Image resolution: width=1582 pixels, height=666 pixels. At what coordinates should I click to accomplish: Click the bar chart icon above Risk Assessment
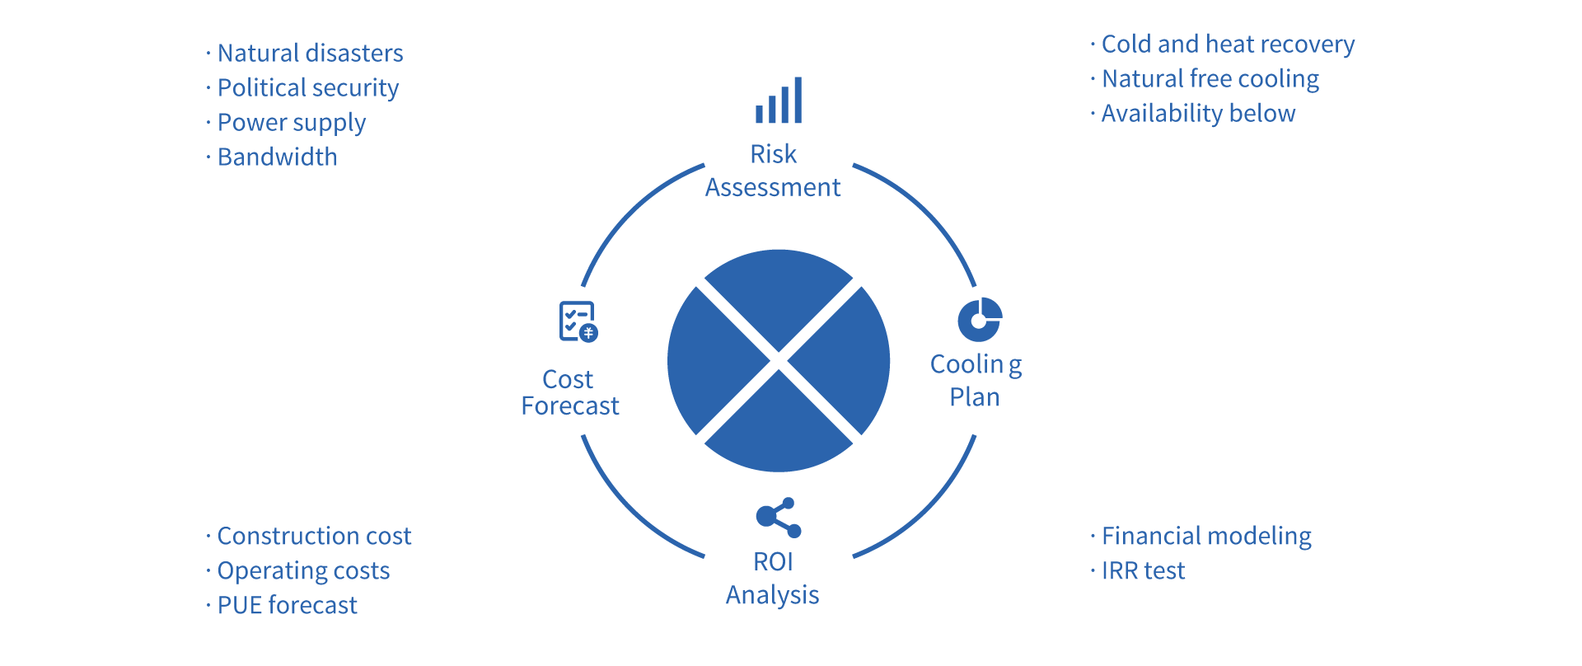pyautogui.click(x=779, y=101)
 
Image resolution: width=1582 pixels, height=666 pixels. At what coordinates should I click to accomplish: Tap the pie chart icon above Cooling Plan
pyautogui.click(x=980, y=320)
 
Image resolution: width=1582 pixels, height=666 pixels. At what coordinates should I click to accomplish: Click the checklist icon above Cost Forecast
pyautogui.click(x=578, y=321)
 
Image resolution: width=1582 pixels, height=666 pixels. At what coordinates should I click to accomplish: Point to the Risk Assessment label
pyautogui.click(x=773, y=171)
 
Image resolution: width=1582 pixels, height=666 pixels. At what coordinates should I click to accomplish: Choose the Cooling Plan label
pyautogui.click(x=976, y=380)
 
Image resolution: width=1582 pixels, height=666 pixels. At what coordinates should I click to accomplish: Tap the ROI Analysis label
pyautogui.click(x=773, y=578)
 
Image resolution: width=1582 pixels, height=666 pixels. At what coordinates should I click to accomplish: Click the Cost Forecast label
pyautogui.click(x=569, y=392)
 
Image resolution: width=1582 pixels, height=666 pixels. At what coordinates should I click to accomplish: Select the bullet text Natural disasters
pyautogui.click(x=310, y=54)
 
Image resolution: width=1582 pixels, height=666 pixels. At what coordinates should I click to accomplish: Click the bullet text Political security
pyautogui.click(x=307, y=88)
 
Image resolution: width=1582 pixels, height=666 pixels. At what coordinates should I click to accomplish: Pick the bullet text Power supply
pyautogui.click(x=291, y=123)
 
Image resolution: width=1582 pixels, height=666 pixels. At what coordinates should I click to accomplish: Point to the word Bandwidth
pyautogui.click(x=277, y=157)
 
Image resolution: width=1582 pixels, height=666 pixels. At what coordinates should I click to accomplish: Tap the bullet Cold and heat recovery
pyautogui.click(x=1228, y=45)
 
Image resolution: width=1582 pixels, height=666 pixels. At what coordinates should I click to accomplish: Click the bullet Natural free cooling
pyautogui.click(x=1210, y=79)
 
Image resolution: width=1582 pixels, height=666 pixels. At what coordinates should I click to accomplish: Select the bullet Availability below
pyautogui.click(x=1198, y=114)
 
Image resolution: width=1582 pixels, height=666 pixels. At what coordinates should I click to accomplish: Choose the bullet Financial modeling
pyautogui.click(x=1206, y=537)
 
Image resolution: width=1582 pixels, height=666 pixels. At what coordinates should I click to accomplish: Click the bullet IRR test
pyautogui.click(x=1143, y=571)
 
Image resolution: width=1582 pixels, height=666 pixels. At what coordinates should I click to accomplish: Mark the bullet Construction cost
pyautogui.click(x=314, y=537)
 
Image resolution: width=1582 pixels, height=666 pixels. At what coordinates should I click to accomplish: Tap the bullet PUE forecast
pyautogui.click(x=287, y=606)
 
